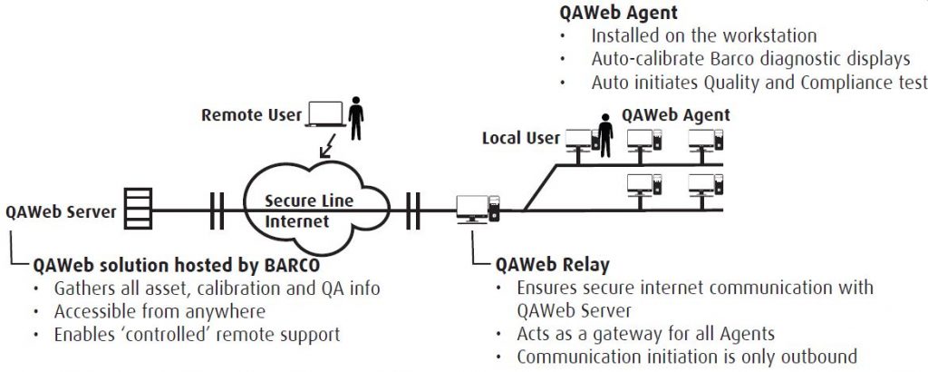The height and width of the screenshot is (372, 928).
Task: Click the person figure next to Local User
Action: tap(605, 134)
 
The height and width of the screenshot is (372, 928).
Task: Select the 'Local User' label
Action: tap(519, 138)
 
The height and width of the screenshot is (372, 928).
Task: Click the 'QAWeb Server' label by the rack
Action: tap(61, 212)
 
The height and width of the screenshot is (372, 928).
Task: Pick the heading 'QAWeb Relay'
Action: tap(553, 265)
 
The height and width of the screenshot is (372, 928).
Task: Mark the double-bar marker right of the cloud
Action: tap(413, 210)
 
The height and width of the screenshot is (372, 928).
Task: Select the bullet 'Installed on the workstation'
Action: tap(704, 36)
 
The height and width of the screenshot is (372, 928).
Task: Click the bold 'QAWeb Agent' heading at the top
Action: tap(619, 13)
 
